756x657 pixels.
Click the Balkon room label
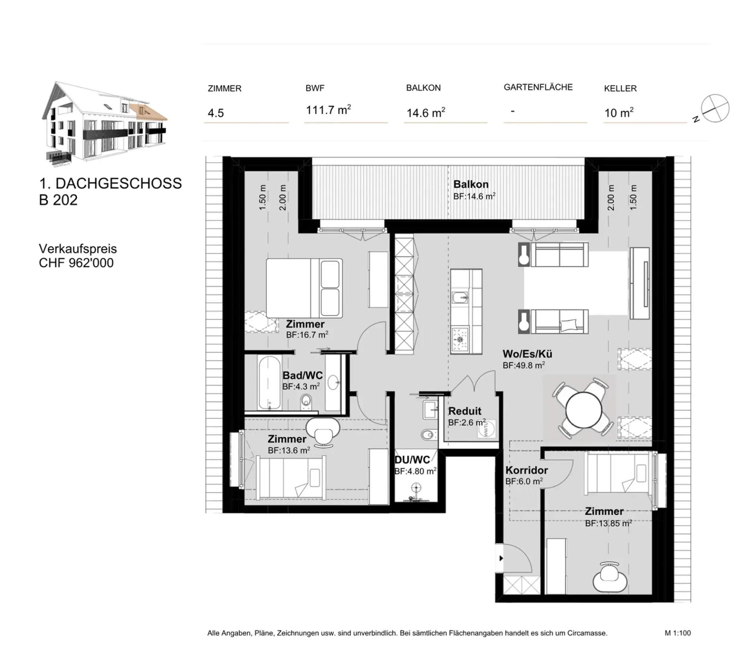tap(471, 184)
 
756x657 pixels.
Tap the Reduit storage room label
tap(465, 411)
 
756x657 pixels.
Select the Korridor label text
tap(526, 470)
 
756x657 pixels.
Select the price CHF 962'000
tap(76, 263)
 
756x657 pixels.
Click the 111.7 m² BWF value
tap(328, 109)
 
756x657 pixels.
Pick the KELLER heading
tap(620, 89)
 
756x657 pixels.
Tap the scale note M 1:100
tap(678, 633)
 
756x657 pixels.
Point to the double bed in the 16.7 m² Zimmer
tap(304, 288)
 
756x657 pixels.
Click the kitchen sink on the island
tap(460, 297)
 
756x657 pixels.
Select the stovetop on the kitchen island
tap(460, 339)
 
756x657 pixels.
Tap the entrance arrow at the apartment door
tap(501, 558)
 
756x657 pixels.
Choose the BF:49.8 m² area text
tap(524, 366)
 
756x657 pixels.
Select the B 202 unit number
tap(58, 200)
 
